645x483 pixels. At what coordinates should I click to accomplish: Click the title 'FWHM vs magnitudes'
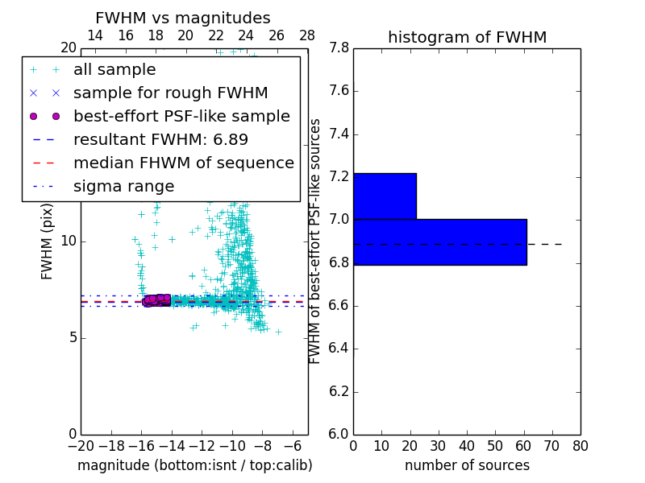183,18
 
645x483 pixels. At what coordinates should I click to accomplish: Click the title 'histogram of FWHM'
467,37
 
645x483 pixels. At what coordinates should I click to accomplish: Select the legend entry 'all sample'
114,70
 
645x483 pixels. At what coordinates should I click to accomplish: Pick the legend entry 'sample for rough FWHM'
171,93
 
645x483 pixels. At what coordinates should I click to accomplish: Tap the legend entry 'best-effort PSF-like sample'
181,117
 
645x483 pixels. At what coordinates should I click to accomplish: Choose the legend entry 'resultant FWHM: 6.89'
160,140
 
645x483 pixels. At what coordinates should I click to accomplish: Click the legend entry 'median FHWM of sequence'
184,163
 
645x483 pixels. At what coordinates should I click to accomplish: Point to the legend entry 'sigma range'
123,187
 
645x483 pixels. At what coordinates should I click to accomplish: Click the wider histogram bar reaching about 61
439,242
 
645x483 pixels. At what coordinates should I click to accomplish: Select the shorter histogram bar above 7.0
385,196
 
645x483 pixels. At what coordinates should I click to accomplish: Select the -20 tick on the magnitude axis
81,445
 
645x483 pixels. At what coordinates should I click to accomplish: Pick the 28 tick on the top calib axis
307,35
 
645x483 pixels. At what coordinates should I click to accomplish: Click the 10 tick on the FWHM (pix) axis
68,242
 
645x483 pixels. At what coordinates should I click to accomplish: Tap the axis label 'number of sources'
467,465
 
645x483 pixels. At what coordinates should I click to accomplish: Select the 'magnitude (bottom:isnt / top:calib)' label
194,465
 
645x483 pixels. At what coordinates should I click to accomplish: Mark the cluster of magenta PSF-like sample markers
156,300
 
